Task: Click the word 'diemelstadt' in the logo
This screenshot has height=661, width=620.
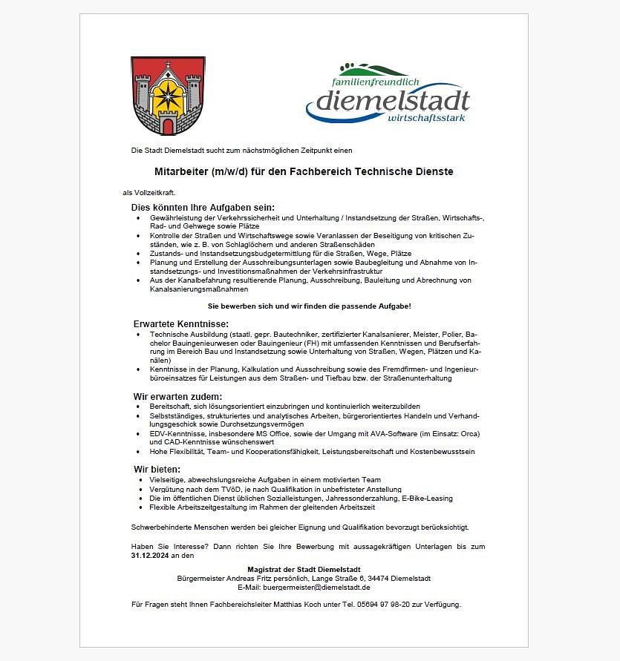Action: click(x=392, y=101)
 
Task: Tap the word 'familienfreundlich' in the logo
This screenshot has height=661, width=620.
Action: click(x=376, y=82)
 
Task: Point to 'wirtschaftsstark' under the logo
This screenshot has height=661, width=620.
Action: click(x=429, y=117)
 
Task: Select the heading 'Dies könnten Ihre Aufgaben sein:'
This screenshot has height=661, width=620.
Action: click(x=203, y=207)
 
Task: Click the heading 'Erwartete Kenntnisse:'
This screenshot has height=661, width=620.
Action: click(x=180, y=324)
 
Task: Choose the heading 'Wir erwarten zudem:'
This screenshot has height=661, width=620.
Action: click(x=177, y=397)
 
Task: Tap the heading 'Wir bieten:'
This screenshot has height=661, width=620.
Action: click(x=157, y=470)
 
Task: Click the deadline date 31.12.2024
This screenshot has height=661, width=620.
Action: click(x=151, y=555)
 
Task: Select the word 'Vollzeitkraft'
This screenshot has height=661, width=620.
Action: click(x=154, y=192)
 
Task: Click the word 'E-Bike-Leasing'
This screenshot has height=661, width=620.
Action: click(x=428, y=499)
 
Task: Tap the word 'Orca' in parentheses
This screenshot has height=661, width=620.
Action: click(x=469, y=433)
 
